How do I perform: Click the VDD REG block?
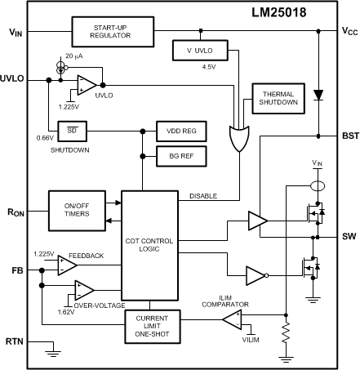click(181, 132)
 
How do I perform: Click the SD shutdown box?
click(71, 131)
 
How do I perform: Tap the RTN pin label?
click(16, 341)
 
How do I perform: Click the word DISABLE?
click(204, 194)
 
